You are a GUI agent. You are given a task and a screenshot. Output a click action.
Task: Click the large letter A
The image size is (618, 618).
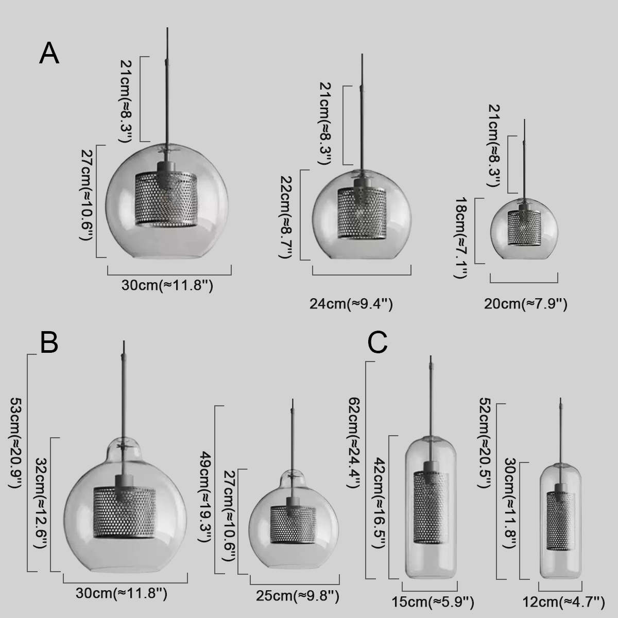click(x=49, y=54)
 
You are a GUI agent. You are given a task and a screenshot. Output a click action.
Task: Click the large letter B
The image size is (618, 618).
click(x=49, y=342)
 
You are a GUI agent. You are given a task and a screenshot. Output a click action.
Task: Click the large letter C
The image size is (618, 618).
click(x=377, y=342)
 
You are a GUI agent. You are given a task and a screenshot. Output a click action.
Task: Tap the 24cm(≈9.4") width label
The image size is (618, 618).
click(x=351, y=304)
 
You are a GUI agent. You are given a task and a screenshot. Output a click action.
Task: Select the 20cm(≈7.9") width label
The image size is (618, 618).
click(x=525, y=304)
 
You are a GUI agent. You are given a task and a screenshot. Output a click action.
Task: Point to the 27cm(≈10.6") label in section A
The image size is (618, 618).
click(x=86, y=195)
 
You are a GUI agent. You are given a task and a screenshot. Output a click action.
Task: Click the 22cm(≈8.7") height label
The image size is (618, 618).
click(x=285, y=217)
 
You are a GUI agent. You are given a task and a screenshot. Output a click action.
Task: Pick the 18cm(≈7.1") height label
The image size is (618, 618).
click(x=461, y=237)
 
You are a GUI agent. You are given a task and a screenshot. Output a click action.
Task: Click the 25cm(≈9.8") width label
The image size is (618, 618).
click(x=297, y=596)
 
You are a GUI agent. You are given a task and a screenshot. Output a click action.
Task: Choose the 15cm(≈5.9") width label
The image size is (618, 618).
click(x=433, y=602)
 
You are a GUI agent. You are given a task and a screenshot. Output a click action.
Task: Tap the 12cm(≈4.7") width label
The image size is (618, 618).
click(x=564, y=602)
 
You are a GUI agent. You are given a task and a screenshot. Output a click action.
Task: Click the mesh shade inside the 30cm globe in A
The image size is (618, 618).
click(x=166, y=199)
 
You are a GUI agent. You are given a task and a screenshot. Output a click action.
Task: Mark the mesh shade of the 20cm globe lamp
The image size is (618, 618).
click(x=524, y=228)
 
